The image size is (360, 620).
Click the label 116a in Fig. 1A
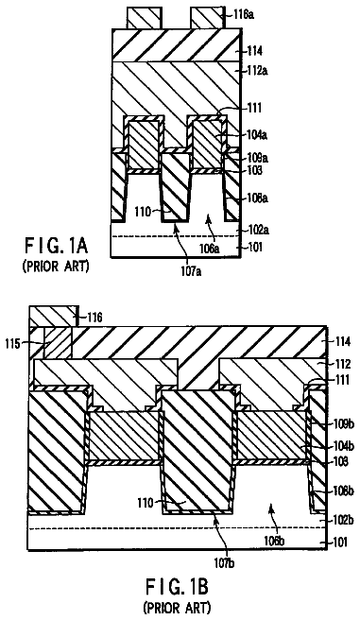243,15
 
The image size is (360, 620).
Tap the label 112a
257,71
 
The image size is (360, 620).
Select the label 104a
256,135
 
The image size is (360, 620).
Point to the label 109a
257,158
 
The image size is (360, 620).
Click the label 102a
257,229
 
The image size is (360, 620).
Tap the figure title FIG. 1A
56,247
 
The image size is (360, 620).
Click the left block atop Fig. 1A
145,18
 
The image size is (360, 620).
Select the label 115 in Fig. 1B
12,344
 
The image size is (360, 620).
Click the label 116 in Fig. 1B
94,317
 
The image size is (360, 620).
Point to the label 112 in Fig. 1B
342,363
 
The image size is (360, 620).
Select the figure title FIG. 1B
177,586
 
